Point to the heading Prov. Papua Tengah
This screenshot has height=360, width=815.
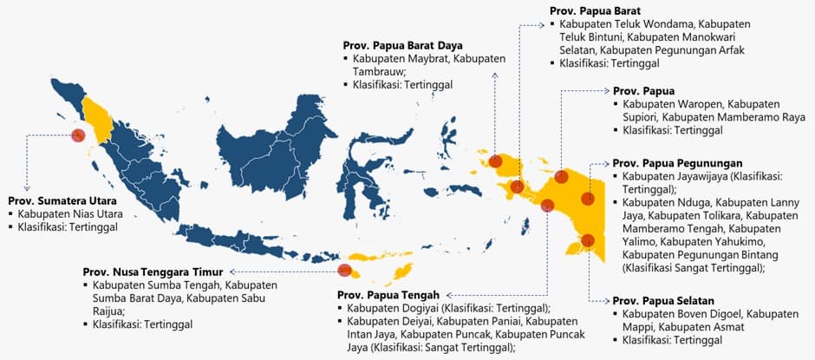391,295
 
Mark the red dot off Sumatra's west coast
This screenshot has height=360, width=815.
78,135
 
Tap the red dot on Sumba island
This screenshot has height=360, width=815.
344,270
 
